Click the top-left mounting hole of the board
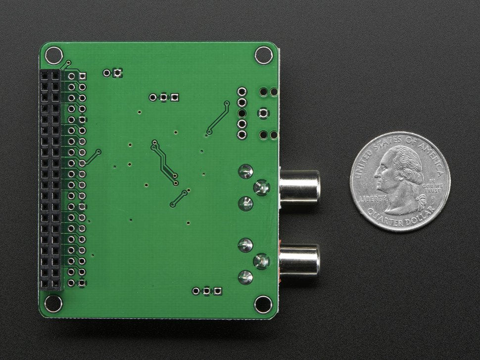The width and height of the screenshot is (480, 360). click(53, 55)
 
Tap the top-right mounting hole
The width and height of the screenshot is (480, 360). click(264, 55)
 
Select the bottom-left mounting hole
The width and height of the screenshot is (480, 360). click(53, 304)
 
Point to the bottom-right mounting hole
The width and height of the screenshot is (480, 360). click(263, 304)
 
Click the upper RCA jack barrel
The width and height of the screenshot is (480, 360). click(299, 187)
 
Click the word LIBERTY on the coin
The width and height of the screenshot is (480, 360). click(373, 198)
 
